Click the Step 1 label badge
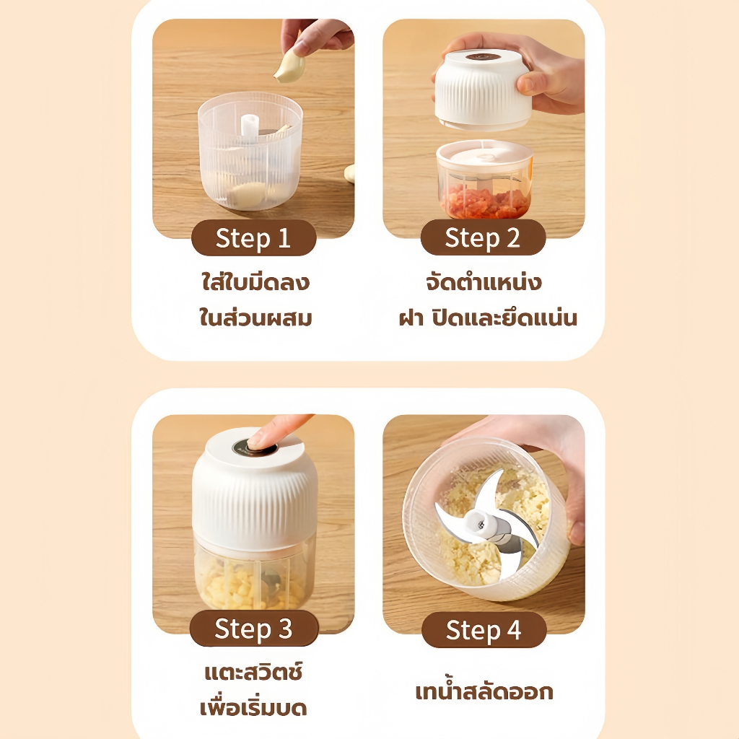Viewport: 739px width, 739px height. point(253,237)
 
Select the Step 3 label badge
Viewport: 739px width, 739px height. point(254,629)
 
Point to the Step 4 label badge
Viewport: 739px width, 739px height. point(484,629)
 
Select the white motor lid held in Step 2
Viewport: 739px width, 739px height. point(483,89)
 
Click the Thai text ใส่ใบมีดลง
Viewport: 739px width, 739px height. point(255,281)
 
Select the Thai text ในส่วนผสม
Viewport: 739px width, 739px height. point(255,317)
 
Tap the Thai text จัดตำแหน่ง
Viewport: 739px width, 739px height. point(484,282)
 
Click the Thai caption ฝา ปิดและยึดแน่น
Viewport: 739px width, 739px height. point(488,318)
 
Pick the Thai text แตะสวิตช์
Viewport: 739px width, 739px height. point(253,672)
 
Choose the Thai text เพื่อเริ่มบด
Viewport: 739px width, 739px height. point(253,707)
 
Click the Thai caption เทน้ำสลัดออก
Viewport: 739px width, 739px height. point(484,691)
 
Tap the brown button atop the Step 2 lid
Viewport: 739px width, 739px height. point(483,57)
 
